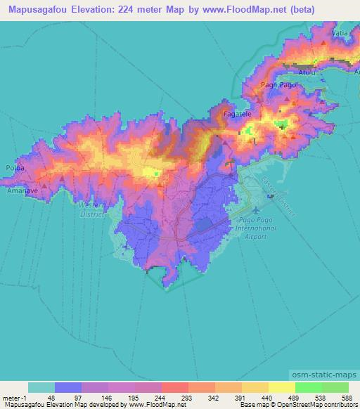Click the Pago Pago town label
tap(275, 85)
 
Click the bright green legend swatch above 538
tap(308, 387)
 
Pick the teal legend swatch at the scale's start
tap(41, 387)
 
